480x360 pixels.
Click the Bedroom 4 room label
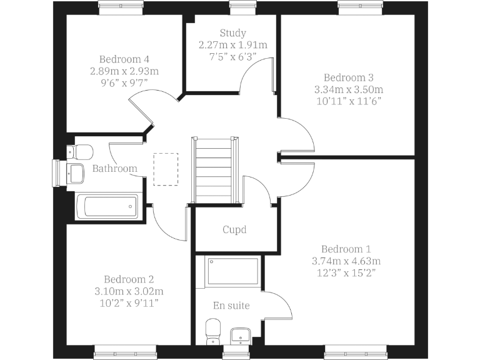tap(119, 59)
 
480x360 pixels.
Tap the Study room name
tap(232, 33)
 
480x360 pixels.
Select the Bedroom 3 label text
tap(348, 77)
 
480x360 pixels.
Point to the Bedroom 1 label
tap(346, 249)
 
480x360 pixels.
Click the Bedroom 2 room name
tap(129, 279)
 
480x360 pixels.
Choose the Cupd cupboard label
tap(234, 229)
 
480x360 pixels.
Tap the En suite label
tap(231, 306)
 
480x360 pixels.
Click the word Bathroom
tap(114, 169)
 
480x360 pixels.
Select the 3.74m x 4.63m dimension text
tap(346, 261)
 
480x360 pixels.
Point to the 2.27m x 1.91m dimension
tap(232, 45)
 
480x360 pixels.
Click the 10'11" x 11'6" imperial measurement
tap(348, 101)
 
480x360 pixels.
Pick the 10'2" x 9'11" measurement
tap(129, 302)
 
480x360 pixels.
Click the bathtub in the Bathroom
tap(106, 206)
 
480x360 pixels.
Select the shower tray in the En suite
tap(232, 269)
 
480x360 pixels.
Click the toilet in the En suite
tap(213, 331)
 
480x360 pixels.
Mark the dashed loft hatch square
tap(166, 169)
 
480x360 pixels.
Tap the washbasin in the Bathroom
tap(76, 172)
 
